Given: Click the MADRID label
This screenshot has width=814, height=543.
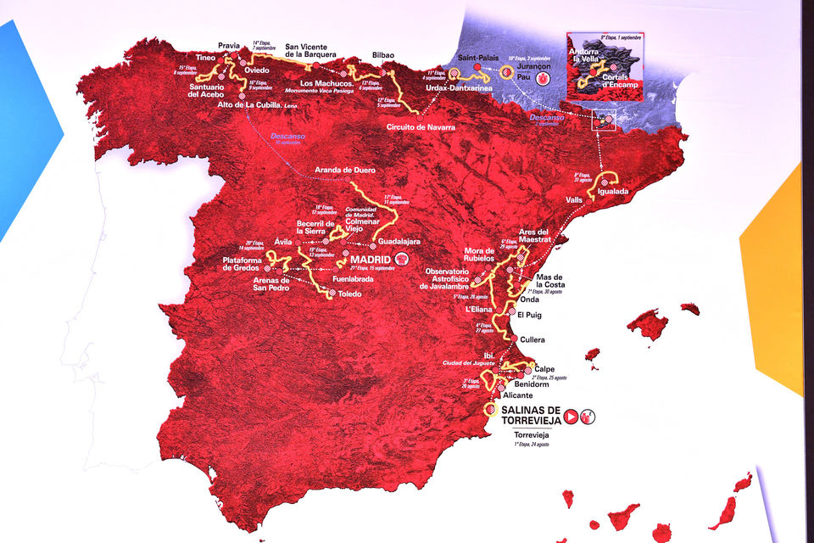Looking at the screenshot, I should tap(370, 259).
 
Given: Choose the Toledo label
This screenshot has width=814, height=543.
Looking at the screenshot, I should tap(350, 294).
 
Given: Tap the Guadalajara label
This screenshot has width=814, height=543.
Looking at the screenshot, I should tap(400, 243).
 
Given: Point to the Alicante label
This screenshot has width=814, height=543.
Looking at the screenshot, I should tap(518, 395).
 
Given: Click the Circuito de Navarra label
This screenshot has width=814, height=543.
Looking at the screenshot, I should tap(421, 127).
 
